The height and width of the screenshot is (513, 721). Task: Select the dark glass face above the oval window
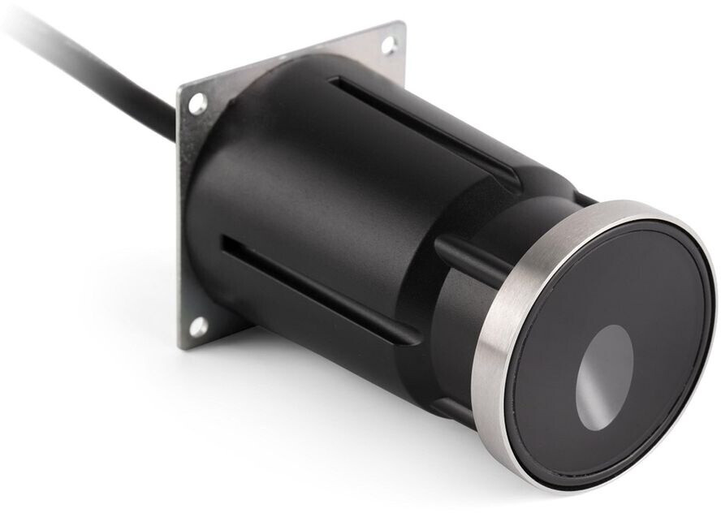(x=617, y=284)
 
